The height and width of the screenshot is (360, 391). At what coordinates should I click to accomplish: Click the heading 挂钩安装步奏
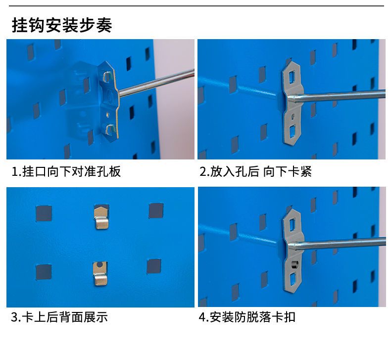point(62,25)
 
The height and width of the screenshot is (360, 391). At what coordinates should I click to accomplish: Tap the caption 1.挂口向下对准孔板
point(66,171)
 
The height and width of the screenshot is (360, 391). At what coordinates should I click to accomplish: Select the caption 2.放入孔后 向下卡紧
point(255,171)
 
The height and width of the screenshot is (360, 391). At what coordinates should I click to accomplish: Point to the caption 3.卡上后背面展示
point(59,317)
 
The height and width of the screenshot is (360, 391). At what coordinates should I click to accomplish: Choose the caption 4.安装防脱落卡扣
point(247,317)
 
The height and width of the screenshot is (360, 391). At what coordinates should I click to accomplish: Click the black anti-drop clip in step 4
point(294,264)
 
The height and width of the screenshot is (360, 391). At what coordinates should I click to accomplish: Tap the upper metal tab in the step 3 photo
point(101,217)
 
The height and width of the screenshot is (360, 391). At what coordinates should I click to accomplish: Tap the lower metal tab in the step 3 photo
point(100,273)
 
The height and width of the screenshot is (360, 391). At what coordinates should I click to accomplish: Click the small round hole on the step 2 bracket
point(293,116)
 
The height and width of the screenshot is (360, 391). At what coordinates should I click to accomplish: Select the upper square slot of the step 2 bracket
point(292,76)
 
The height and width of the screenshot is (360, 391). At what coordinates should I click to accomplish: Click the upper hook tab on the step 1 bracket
point(107,76)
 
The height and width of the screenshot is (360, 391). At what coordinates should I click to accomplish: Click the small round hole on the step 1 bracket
point(108,114)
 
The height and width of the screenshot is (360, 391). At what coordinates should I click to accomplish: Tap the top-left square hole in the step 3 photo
point(44,213)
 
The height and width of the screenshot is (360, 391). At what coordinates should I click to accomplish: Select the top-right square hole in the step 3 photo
point(156,211)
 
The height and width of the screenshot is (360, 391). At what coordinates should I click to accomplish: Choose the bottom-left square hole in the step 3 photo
point(44,272)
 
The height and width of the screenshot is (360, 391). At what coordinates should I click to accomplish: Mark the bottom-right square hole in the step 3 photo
point(154,266)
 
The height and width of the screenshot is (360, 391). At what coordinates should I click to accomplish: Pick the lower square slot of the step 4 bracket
point(292,279)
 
